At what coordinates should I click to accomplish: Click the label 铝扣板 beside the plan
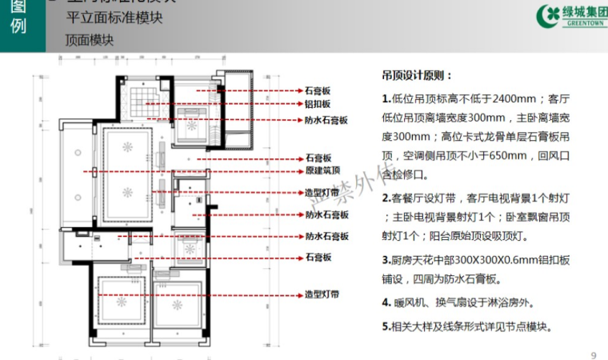(317, 105)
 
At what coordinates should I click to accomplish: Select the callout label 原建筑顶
(322, 170)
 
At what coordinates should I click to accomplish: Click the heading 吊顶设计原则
(415, 76)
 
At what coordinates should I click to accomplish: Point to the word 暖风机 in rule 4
(411, 303)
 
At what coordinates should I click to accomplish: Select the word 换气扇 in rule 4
(454, 303)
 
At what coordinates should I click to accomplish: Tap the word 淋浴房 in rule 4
(513, 303)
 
